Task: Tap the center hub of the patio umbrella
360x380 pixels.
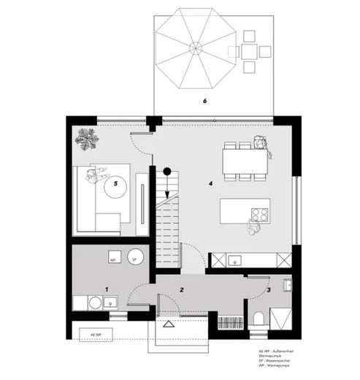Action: pos(196,47)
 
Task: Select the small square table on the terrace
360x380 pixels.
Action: pos(249,50)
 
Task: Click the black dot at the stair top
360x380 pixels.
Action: pos(167,171)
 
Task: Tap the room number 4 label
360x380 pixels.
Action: pos(210,183)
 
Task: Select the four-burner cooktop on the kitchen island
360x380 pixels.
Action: pos(258,214)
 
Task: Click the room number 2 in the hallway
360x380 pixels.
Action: pos(180,290)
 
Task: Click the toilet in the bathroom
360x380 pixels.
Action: pos(259,318)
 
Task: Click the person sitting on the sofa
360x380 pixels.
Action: pos(91,174)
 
